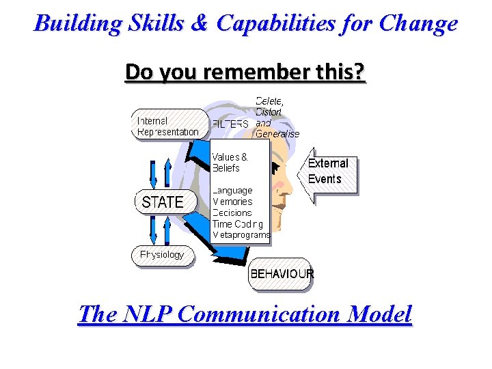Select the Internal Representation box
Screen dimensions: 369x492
click(169, 126)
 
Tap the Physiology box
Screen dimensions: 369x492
click(163, 255)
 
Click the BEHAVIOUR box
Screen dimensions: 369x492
click(281, 273)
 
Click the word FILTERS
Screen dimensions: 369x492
click(230, 124)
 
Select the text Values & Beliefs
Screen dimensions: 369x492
click(230, 162)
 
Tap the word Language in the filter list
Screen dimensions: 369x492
click(232, 191)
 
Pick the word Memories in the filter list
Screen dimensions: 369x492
click(232, 202)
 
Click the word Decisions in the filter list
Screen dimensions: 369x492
click(232, 213)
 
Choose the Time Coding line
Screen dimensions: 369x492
click(237, 223)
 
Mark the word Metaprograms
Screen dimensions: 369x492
click(241, 234)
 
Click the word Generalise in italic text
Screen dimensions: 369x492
click(277, 134)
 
